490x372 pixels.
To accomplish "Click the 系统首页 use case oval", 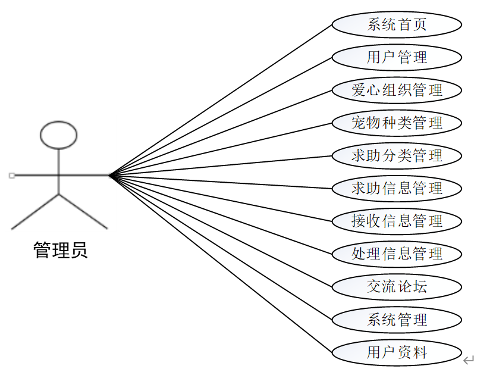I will [397, 25].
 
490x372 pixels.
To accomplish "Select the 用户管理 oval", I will [397, 58].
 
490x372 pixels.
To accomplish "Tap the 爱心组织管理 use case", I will [397, 90].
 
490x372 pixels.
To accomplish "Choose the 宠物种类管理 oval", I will [397, 123].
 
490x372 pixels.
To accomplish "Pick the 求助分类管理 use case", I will [397, 156].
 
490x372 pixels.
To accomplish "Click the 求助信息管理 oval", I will [397, 189].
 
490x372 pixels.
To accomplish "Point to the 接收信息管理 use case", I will [397, 221].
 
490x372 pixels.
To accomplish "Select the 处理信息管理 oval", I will [397, 254].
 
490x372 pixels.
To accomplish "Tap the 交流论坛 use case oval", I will [397, 287].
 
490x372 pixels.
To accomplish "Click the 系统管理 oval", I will [397, 320].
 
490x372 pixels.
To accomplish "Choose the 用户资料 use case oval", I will [397, 352].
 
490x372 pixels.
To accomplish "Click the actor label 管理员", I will [60, 251].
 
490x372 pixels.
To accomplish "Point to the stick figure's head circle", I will [58, 135].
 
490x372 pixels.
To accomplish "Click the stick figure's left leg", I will [36, 211].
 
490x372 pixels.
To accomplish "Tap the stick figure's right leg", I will [83, 211].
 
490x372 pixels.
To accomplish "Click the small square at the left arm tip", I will [11, 176].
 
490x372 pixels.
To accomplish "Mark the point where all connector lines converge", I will [110, 176].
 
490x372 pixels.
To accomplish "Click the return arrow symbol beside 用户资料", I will [469, 360].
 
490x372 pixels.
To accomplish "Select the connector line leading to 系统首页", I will [220, 101].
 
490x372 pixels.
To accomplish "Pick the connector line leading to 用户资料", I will [220, 263].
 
